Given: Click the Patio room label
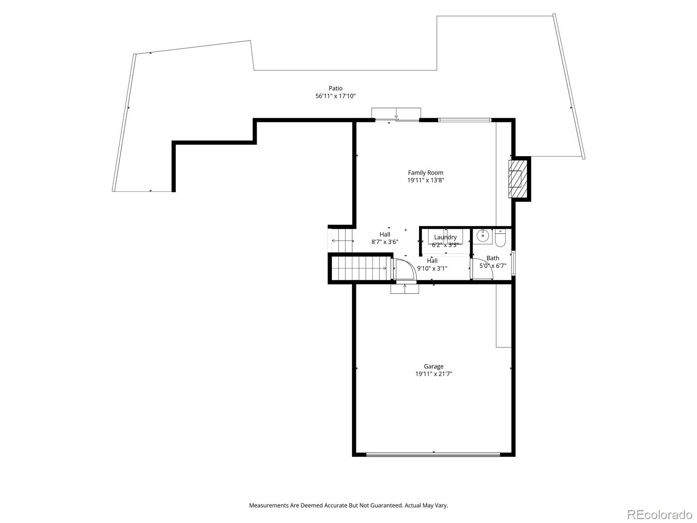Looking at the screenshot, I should [x=335, y=88].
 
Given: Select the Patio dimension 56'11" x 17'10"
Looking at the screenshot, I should [x=335, y=96].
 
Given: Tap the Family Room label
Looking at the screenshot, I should [x=426, y=173].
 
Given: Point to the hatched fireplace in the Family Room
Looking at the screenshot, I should [x=518, y=179].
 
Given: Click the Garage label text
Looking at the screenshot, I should [x=433, y=367].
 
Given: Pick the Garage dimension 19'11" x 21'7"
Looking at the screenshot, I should [x=433, y=374].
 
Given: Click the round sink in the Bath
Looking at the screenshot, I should [x=483, y=236].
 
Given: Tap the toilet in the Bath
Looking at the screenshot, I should [x=500, y=238].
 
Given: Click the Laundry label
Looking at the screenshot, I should [x=445, y=238].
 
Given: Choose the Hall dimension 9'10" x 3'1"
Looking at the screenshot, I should [x=432, y=268].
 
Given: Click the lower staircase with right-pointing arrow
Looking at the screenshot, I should [x=359, y=268].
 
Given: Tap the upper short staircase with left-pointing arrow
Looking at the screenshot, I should [x=342, y=241].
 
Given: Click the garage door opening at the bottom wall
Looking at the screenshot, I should [x=433, y=455].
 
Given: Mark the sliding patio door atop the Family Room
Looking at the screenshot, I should [x=396, y=119].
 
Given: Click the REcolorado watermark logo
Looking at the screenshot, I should [x=660, y=514].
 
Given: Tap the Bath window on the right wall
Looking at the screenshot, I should [x=514, y=263].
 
